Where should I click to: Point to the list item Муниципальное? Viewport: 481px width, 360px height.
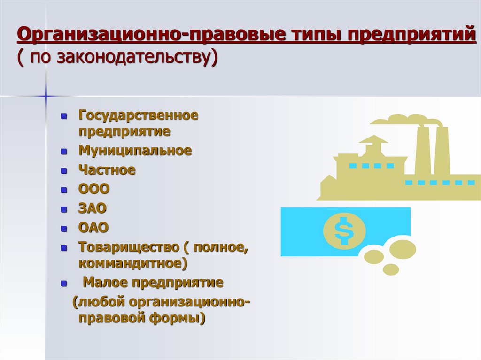coord(135,151)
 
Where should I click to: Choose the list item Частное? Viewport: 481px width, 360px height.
coord(107,170)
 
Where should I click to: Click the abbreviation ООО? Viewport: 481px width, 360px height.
coord(94,190)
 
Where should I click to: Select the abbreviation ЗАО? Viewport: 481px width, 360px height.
coord(93,209)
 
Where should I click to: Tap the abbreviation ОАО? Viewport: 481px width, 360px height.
coord(93,228)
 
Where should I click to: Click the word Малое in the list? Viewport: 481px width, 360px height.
coord(106,283)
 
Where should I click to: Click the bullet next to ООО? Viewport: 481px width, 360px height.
coord(64,191)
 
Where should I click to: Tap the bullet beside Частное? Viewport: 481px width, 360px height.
coord(64,171)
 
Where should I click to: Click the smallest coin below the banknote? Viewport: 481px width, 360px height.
coord(390,269)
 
